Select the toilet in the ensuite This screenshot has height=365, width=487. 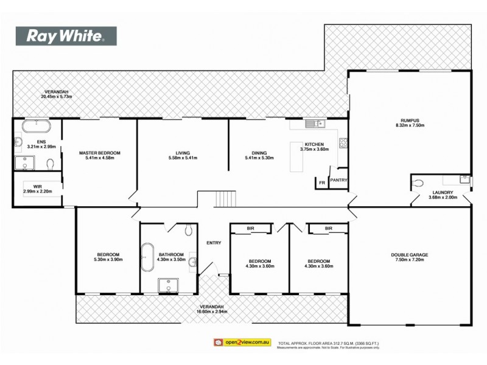51,163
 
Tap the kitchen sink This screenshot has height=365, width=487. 316,125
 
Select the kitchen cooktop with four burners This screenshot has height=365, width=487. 343,144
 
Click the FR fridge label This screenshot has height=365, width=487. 321,182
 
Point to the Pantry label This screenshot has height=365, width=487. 338,180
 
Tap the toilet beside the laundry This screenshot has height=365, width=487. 418,182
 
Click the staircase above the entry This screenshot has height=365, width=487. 226,198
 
